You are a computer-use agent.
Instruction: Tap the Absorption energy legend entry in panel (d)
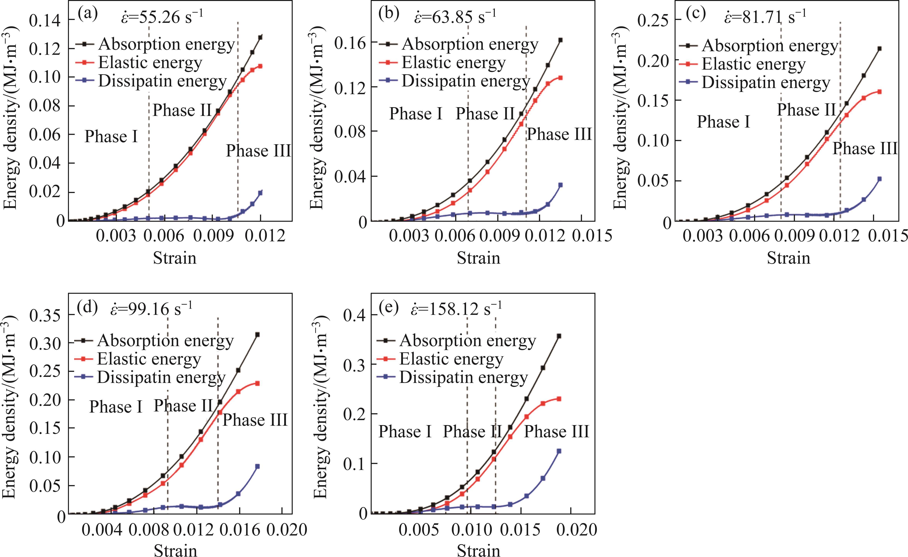pyautogui.click(x=165, y=341)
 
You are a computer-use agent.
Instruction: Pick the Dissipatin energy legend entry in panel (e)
pyautogui.click(x=463, y=377)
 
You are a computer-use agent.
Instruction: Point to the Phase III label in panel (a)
pyautogui.click(x=258, y=151)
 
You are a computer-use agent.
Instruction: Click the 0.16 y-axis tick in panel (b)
pyautogui.click(x=349, y=43)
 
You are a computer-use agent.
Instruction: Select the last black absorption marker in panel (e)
pyautogui.click(x=559, y=336)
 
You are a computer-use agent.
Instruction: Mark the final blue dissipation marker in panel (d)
pyautogui.click(x=257, y=466)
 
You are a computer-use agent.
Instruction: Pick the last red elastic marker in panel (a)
pyautogui.click(x=260, y=66)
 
